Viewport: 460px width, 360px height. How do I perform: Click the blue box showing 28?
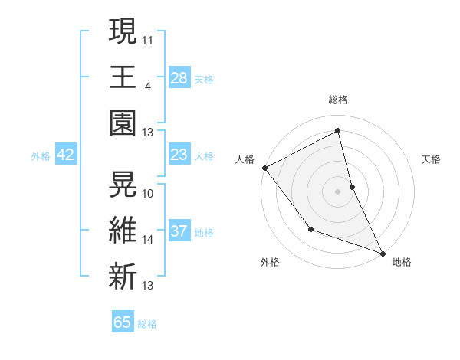(179, 77)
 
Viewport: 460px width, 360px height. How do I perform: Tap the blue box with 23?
(179, 155)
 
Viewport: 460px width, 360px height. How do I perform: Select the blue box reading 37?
(179, 231)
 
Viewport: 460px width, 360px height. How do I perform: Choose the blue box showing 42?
(66, 155)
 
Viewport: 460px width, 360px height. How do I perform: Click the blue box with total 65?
(123, 322)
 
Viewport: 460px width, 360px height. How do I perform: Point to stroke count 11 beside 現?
(149, 38)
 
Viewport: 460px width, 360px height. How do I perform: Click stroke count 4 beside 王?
(147, 86)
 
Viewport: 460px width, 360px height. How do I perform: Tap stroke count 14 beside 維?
(149, 240)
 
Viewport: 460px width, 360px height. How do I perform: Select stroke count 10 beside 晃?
(149, 193)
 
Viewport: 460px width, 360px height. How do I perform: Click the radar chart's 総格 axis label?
(337, 100)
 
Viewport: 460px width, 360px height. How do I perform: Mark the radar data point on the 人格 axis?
(264, 167)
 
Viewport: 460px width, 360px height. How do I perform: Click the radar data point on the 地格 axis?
(383, 252)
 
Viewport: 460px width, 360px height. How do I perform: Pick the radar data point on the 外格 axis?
(310, 229)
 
